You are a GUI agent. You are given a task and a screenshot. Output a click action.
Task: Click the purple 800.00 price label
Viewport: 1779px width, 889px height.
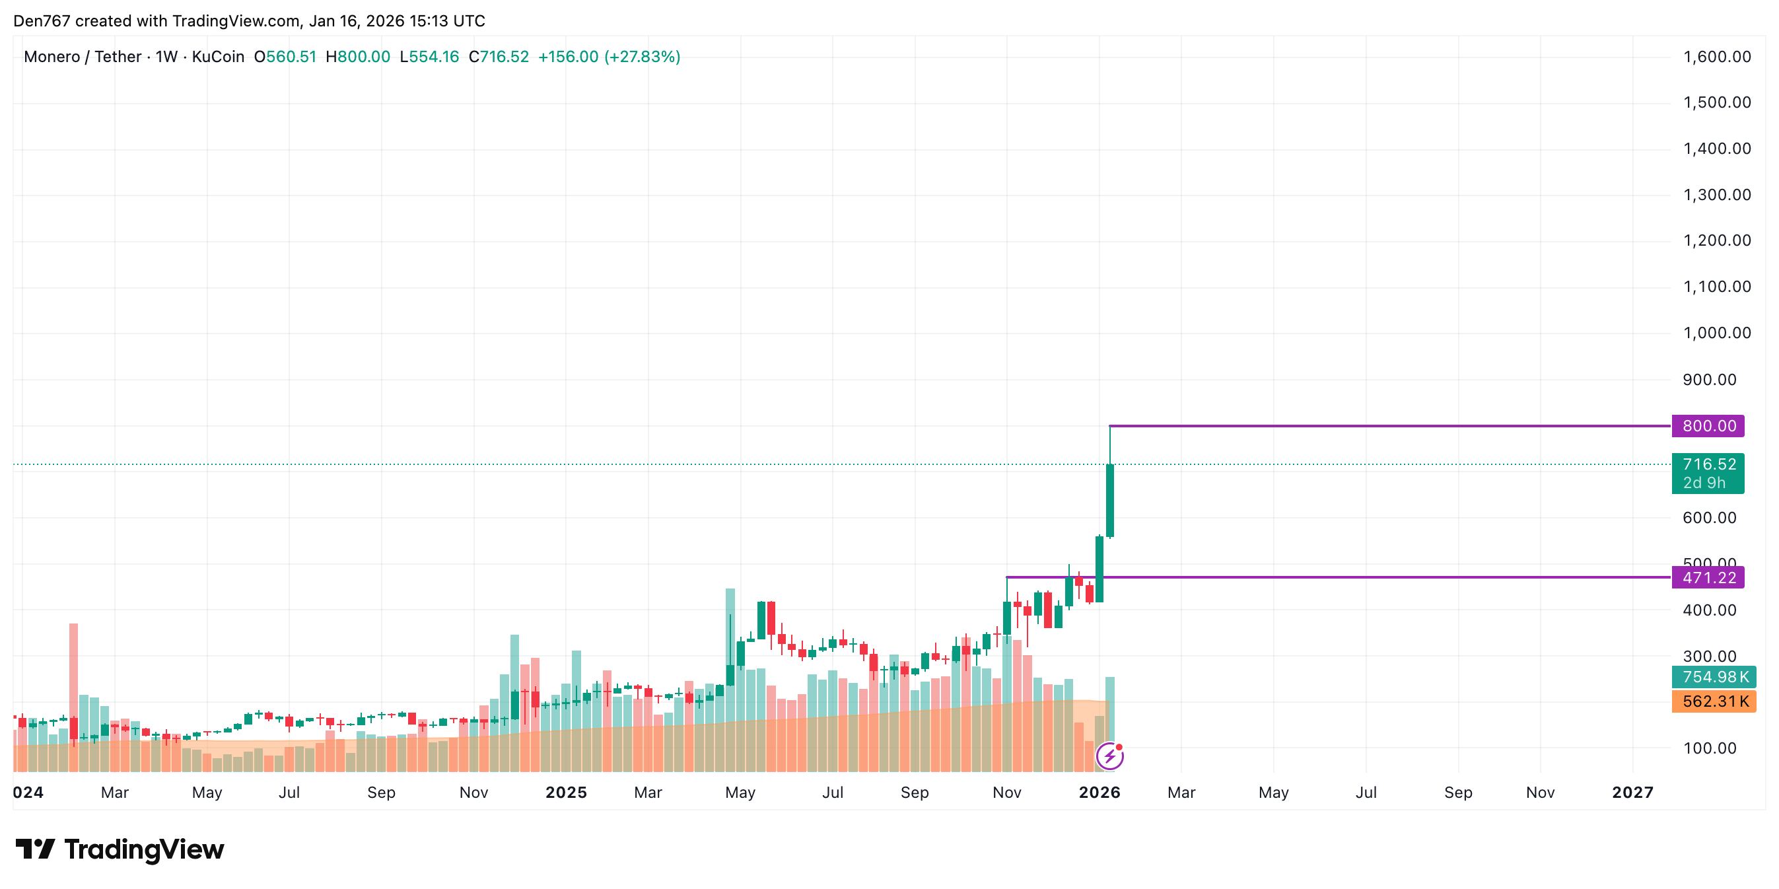[1708, 425]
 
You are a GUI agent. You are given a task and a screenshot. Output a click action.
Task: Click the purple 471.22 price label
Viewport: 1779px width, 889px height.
[1708, 577]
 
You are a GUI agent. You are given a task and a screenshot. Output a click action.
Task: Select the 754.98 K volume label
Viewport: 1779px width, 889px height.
[1714, 677]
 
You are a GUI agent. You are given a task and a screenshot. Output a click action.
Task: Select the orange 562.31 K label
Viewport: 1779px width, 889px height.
[1714, 702]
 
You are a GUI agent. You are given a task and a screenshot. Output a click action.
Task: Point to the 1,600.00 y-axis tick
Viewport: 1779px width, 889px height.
[1717, 57]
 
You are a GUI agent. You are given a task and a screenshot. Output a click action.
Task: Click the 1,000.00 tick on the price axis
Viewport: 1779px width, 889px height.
[1717, 333]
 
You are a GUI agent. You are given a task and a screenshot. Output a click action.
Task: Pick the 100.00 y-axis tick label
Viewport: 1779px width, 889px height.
[1709, 748]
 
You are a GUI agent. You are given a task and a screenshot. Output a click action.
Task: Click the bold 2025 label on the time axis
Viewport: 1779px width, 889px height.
[566, 793]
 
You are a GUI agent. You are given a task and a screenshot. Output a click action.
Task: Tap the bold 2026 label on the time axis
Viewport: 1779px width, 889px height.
[1099, 793]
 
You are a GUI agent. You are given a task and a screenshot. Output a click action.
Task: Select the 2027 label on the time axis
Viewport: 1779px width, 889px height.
[1632, 793]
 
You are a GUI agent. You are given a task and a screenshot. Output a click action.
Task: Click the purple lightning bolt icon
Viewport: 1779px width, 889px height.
[1110, 756]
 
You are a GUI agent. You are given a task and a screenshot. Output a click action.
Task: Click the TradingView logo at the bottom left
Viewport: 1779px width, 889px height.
[120, 849]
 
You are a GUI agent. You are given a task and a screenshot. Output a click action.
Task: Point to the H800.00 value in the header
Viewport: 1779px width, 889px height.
[358, 57]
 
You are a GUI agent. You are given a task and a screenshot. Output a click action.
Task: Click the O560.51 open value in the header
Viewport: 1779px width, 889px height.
[285, 57]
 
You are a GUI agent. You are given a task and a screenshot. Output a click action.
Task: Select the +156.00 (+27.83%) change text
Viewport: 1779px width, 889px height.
[609, 57]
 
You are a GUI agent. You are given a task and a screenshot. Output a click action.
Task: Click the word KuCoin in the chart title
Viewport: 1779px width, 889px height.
[217, 57]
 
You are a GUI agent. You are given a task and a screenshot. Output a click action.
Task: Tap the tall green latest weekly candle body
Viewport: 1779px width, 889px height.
[1110, 500]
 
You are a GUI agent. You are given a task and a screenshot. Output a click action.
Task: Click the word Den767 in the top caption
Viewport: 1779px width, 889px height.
[42, 20]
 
